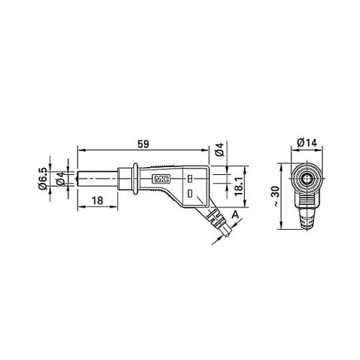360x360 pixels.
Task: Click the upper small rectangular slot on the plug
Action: (x=189, y=177)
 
